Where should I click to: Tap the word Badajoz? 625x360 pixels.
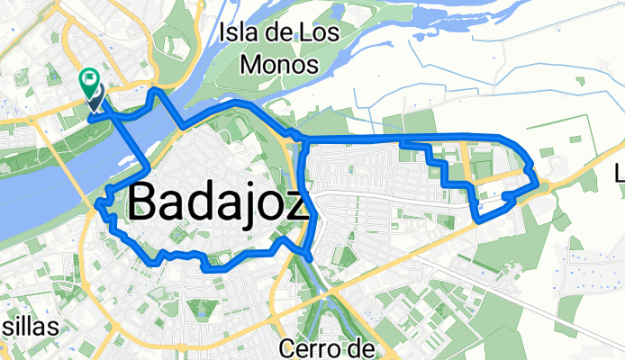pos(221,202)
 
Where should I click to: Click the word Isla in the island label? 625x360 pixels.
pos(237,36)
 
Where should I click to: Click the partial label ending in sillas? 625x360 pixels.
pos(29,326)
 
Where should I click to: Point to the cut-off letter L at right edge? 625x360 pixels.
pos(620,171)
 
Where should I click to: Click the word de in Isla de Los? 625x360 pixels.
pos(269,36)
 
